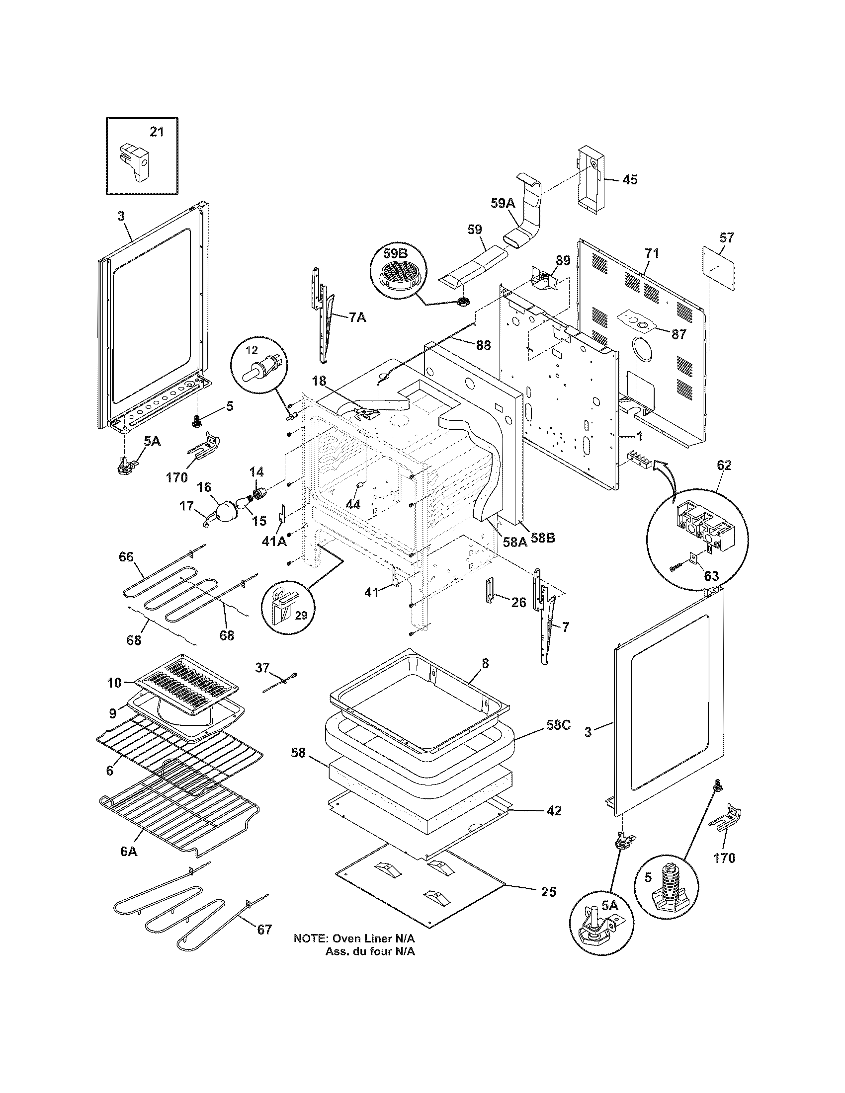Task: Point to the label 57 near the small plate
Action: pyautogui.click(x=726, y=237)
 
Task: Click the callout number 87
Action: pyautogui.click(x=678, y=334)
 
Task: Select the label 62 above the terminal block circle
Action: pyautogui.click(x=724, y=465)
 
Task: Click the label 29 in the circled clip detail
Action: pyautogui.click(x=300, y=615)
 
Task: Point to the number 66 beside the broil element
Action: pyautogui.click(x=127, y=556)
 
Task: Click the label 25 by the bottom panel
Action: pyautogui.click(x=549, y=892)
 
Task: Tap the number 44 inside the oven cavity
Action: pyautogui.click(x=353, y=504)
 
